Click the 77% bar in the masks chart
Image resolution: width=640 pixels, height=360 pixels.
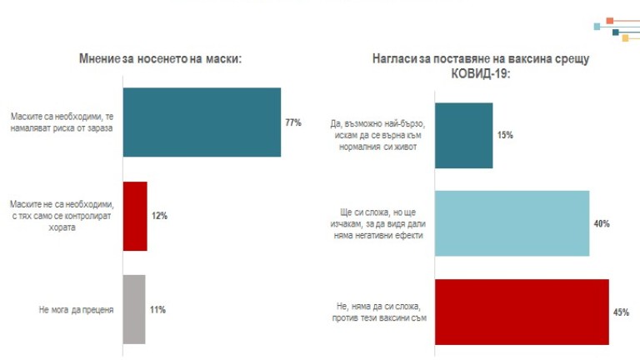click(x=202, y=122)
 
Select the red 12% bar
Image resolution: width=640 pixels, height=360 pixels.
click(x=135, y=216)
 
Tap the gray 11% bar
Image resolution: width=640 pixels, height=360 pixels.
click(x=134, y=309)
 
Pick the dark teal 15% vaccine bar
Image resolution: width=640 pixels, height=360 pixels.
click(x=464, y=135)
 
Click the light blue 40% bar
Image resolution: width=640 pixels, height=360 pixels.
click(x=512, y=224)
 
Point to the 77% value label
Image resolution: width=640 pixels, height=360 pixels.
click(x=293, y=122)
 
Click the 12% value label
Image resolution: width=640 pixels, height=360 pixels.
click(x=159, y=216)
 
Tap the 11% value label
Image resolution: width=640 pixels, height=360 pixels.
click(x=157, y=309)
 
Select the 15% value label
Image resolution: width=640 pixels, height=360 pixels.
click(x=505, y=135)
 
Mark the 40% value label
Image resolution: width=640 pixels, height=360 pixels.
click(x=602, y=224)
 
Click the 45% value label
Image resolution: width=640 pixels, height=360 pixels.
click(x=621, y=312)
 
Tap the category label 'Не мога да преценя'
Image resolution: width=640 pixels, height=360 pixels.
click(x=76, y=309)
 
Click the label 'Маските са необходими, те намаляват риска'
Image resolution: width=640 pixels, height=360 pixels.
click(x=62, y=122)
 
